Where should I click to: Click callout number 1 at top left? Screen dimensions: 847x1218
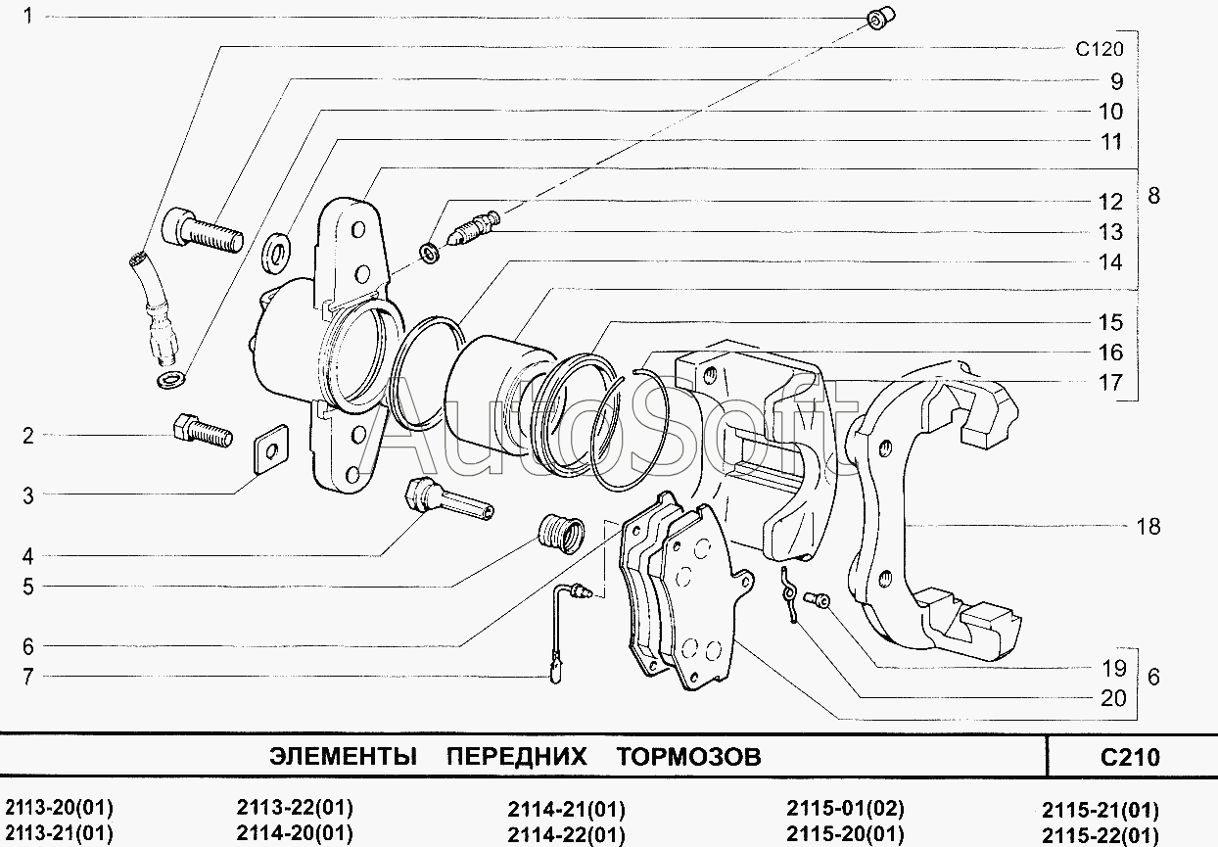(28, 16)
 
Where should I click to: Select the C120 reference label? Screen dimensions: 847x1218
(1099, 50)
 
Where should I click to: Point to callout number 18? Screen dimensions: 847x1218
(1148, 527)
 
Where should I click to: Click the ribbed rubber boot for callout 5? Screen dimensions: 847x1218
(561, 535)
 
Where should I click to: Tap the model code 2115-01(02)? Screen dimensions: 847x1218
(845, 809)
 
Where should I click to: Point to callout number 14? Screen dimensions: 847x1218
(1110, 262)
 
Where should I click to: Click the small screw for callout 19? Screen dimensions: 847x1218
(816, 598)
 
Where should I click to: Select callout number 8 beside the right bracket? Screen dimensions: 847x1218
(1153, 196)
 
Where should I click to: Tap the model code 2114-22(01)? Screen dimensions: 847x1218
(566, 835)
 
